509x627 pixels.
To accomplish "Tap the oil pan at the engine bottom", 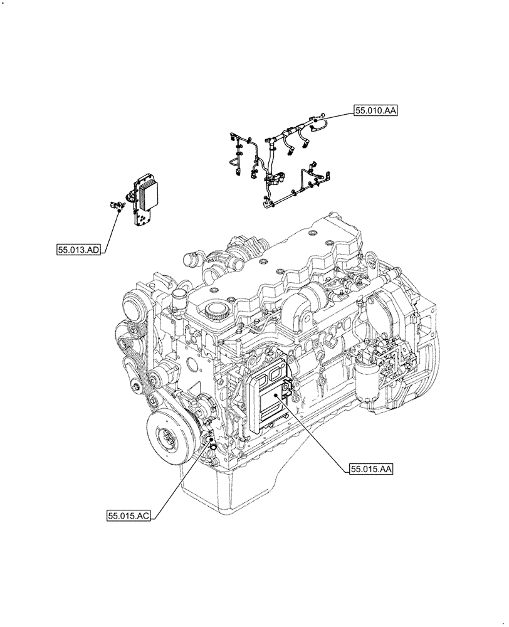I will [251, 495].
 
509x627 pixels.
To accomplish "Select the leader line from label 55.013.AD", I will [112, 229].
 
